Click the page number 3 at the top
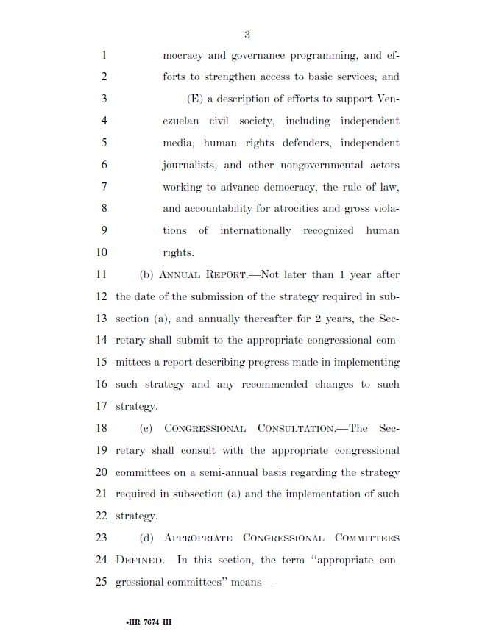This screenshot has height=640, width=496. point(248,34)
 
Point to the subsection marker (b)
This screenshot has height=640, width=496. point(146,274)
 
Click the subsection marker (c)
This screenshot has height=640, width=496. point(146,428)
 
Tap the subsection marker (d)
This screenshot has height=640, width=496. point(146,538)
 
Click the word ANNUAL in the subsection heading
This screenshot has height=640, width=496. point(180,275)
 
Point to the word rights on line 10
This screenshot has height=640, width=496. point(178,253)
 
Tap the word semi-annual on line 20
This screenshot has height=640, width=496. point(233,472)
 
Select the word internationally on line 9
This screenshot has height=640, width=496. point(252,231)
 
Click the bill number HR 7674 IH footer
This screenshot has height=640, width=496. point(148,622)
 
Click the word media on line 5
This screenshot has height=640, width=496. point(177,143)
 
